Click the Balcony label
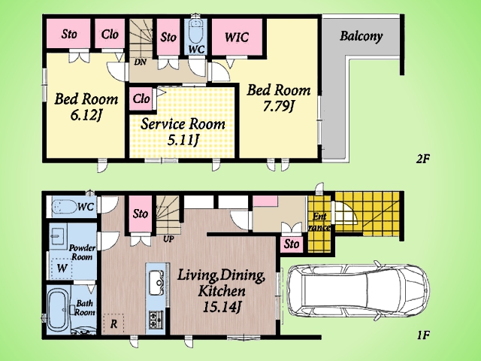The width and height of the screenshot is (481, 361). tap(361, 36)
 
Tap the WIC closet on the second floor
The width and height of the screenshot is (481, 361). tap(237, 37)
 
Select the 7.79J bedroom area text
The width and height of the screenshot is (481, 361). tap(279, 107)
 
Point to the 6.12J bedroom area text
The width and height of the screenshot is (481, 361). tap(86, 115)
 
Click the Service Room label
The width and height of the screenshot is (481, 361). tap(183, 124)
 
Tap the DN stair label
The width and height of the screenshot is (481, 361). tap(141, 62)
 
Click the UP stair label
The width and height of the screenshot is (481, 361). tap(168, 238)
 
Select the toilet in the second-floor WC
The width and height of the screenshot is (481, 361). tap(195, 32)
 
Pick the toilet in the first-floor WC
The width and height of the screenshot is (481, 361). tap(64, 206)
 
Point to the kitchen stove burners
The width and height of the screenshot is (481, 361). tap(156, 319)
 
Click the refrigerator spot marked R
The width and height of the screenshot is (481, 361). tap(113, 323)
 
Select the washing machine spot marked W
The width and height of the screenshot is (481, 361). tap(62, 268)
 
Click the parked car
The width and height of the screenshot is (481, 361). tap(358, 290)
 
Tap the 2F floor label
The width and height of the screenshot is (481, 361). tap(422, 159)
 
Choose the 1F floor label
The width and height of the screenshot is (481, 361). tap(422, 335)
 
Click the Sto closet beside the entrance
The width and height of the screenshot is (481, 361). tap(292, 244)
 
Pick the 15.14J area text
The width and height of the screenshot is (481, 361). tap(221, 307)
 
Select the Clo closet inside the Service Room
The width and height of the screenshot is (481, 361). tap(141, 99)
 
